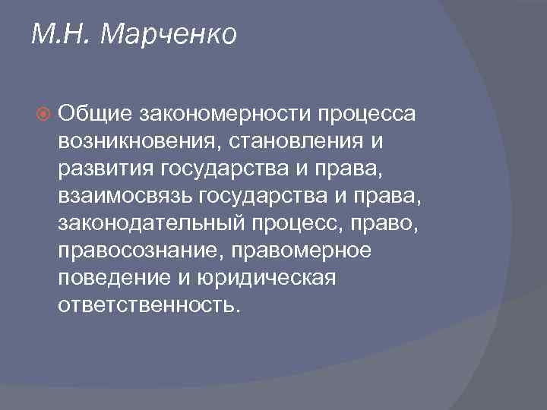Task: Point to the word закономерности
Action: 225,113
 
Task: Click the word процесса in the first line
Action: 367,113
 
